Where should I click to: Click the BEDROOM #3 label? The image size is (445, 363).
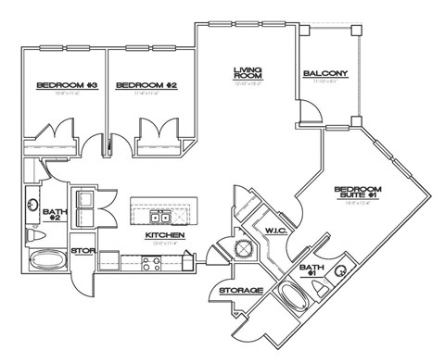(x=55, y=85)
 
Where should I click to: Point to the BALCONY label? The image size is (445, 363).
(x=324, y=74)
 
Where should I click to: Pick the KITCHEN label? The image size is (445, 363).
(x=164, y=236)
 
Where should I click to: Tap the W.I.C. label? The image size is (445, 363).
(x=274, y=230)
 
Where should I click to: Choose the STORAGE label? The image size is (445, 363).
(x=240, y=291)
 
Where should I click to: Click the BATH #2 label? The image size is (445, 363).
(x=55, y=216)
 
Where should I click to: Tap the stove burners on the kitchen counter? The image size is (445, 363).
(x=152, y=260)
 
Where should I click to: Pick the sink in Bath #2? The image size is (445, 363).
(x=32, y=202)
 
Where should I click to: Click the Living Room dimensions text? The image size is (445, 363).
(x=247, y=84)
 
